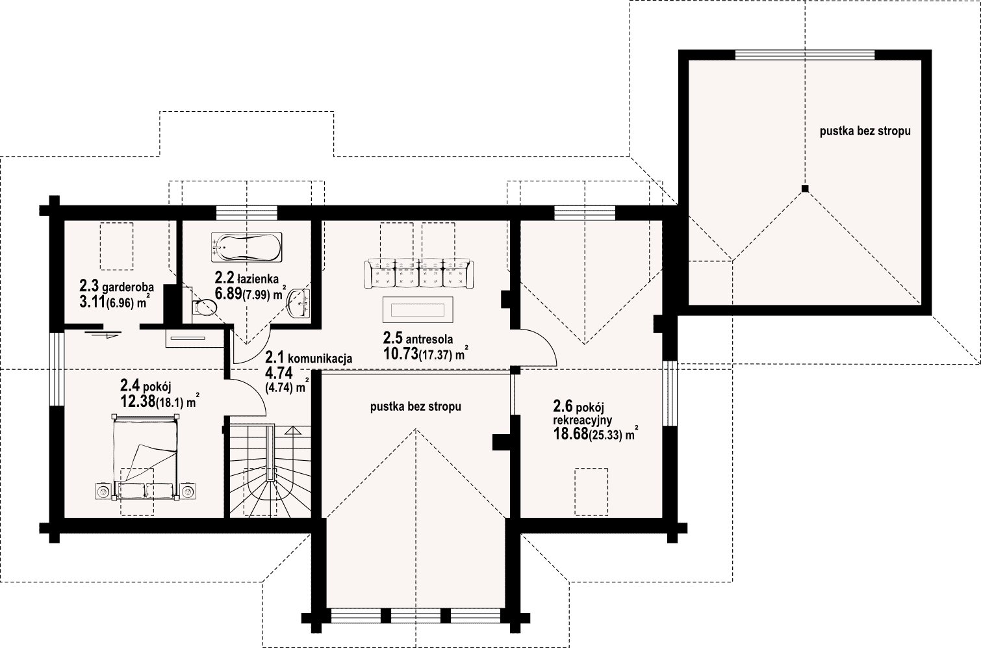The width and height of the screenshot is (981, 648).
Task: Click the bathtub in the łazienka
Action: pyautogui.click(x=247, y=248)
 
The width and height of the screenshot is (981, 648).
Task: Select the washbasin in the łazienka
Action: pyautogui.click(x=299, y=302)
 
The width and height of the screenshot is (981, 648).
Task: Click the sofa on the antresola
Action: pyautogui.click(x=419, y=274)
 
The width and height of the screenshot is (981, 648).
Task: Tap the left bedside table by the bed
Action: pyautogui.click(x=103, y=491)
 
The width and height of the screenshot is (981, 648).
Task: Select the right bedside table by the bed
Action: pyautogui.click(x=188, y=491)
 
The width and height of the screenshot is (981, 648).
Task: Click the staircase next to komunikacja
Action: pyautogui.click(x=270, y=471)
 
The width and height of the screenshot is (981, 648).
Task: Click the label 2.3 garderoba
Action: pyautogui.click(x=116, y=287)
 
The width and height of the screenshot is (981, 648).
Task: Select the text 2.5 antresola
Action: pyautogui.click(x=418, y=338)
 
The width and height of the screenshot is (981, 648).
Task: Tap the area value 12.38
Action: pyautogui.click(x=138, y=401)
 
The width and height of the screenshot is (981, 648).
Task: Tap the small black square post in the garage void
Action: pyautogui.click(x=805, y=189)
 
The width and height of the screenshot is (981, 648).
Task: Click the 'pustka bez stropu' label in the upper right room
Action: pyautogui.click(x=865, y=131)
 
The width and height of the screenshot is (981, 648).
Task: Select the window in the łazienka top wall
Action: pyautogui.click(x=247, y=213)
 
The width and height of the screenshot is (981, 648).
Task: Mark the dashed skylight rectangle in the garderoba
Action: pyautogui.click(x=116, y=246)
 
